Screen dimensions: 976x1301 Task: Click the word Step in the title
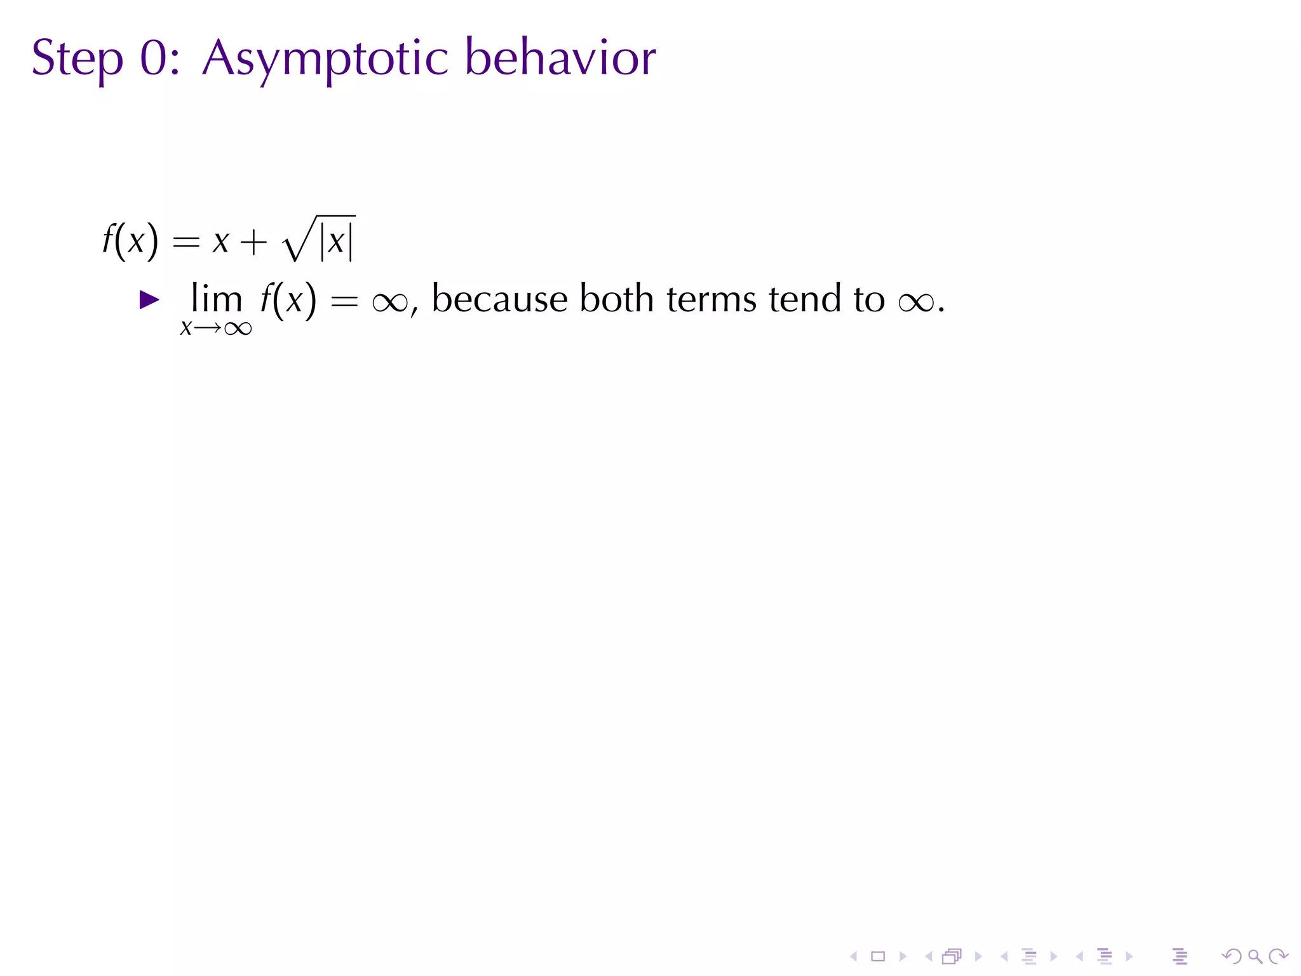(x=77, y=59)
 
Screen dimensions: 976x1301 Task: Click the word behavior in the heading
(x=560, y=58)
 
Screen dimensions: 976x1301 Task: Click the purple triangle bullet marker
(x=149, y=300)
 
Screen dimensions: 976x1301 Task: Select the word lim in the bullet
(x=217, y=298)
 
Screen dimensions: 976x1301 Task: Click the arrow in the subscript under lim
(x=208, y=328)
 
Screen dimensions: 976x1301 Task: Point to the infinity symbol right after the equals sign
(x=389, y=301)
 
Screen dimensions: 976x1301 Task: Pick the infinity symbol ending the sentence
(x=916, y=301)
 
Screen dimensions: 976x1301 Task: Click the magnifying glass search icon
(x=1255, y=956)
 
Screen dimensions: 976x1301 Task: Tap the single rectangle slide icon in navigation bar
(x=878, y=956)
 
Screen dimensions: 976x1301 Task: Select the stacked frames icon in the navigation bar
(x=952, y=956)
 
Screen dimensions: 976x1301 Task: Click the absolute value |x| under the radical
(x=336, y=241)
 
